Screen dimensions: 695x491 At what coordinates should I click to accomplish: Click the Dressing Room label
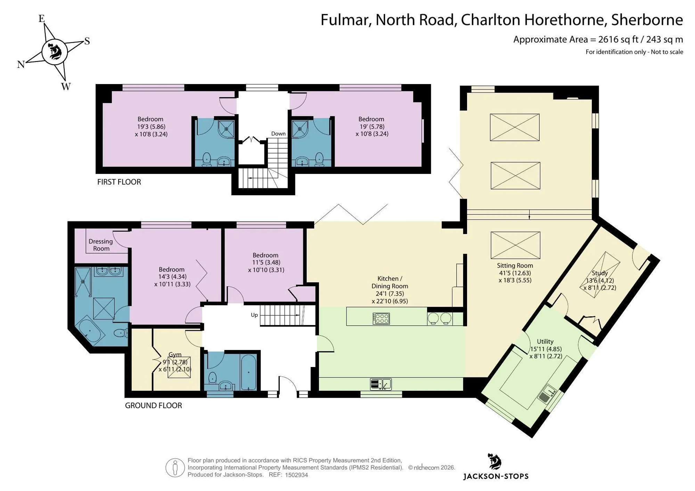(x=101, y=245)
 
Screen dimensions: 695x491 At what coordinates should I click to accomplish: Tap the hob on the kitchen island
(x=381, y=318)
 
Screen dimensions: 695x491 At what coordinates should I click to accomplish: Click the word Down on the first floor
(x=278, y=134)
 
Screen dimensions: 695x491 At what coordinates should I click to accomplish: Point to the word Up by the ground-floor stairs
(x=254, y=315)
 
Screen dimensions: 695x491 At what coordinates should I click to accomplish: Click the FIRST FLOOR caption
(x=119, y=182)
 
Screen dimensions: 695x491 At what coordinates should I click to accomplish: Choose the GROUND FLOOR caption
(x=153, y=406)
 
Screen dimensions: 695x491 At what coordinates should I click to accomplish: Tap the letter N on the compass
(x=21, y=65)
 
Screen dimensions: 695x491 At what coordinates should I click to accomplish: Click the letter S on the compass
(x=87, y=41)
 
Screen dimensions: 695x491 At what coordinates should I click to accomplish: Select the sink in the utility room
(x=547, y=394)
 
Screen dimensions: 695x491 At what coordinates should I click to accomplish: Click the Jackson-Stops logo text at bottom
(x=496, y=476)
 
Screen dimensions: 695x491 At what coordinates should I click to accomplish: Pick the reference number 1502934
(x=296, y=475)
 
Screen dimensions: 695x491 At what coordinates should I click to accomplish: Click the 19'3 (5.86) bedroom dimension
(x=151, y=127)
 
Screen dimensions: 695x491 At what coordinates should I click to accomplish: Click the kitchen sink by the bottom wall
(x=381, y=384)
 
